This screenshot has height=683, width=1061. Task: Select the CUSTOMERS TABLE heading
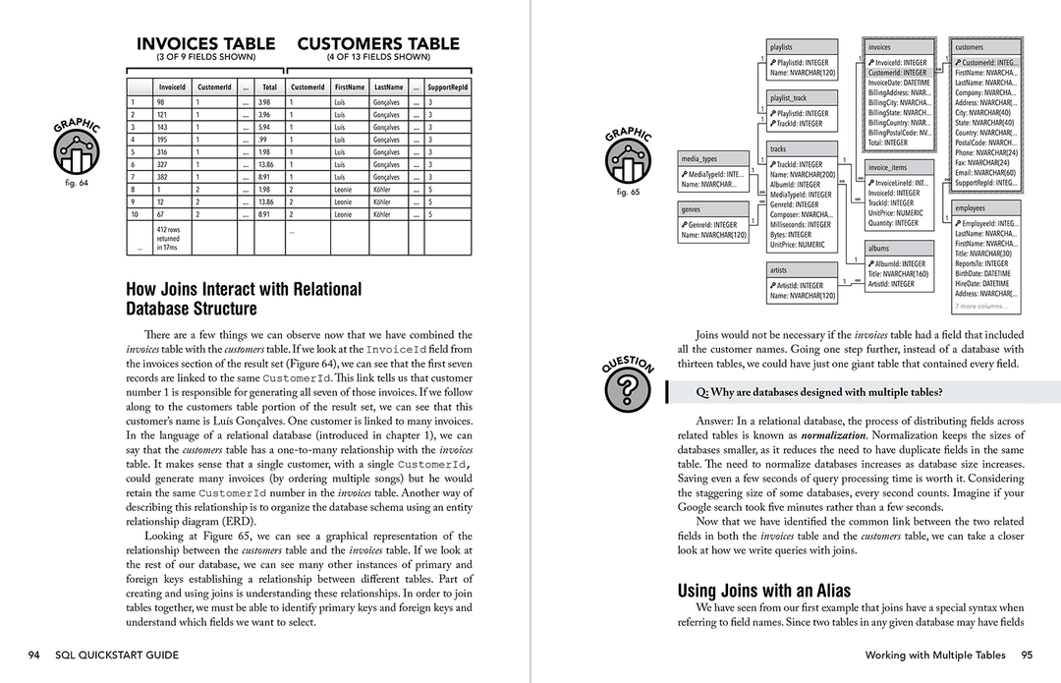pos(378,44)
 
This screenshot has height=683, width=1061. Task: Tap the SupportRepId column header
pos(448,86)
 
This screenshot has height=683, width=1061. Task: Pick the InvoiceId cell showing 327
pos(160,164)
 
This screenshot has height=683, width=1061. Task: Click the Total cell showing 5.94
pos(263,127)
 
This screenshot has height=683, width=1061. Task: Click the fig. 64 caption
pos(76,182)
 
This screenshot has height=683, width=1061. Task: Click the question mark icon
pos(628,390)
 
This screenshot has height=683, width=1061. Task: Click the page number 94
pos(34,655)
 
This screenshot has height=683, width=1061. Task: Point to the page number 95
pos(1026,655)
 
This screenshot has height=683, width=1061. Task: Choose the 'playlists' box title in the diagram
pos(782,47)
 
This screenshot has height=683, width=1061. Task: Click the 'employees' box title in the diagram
pos(971,208)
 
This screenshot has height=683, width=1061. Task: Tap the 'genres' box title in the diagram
pos(692,209)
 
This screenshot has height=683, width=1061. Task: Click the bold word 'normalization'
pos(833,434)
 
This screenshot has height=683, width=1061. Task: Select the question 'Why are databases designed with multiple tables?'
pos(819,392)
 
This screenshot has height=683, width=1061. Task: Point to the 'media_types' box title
pos(698,158)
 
